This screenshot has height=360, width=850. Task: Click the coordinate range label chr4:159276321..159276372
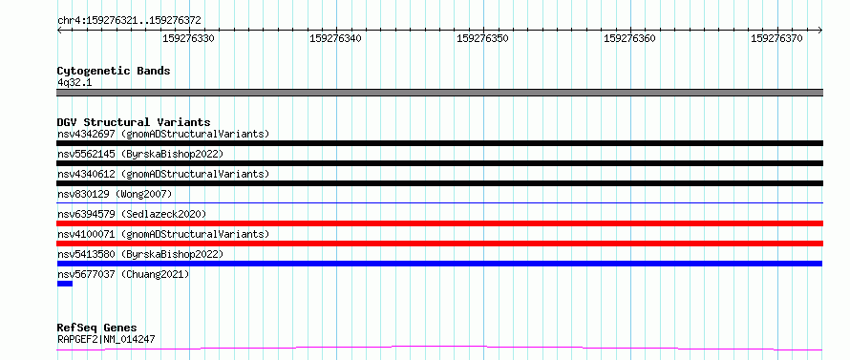coord(129,21)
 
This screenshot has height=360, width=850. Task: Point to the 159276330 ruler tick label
coord(189,38)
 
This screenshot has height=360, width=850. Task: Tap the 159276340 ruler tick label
coord(335,38)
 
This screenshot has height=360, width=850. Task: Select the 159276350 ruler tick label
coord(483,38)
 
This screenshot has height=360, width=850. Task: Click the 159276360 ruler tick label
coord(630,38)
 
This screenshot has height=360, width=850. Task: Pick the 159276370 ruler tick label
coord(776,38)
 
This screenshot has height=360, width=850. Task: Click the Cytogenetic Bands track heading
coord(114,71)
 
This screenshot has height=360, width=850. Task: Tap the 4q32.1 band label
coord(74,82)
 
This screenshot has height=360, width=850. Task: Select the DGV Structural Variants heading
coord(134,122)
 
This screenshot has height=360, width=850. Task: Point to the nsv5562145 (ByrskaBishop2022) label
coord(140,154)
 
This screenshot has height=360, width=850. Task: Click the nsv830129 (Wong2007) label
coord(115,194)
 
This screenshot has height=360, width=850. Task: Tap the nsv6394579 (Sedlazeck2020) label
coord(132,214)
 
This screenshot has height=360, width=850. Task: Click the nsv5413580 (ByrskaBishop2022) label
coord(140,254)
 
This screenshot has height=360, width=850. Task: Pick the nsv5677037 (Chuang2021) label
coord(123,274)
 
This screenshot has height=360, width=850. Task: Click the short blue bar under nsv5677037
coord(65,284)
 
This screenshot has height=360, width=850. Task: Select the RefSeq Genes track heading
coord(96,328)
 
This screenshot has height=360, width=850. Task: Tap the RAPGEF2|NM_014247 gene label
coord(106,340)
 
